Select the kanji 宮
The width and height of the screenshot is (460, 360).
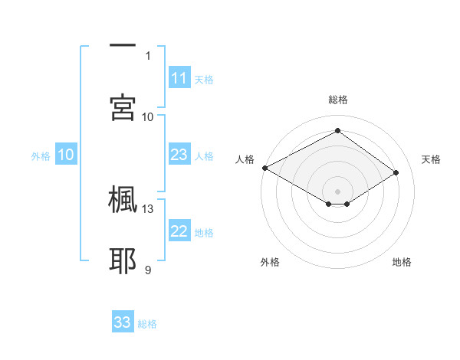[123, 106]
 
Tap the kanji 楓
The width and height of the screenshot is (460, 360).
[123, 200]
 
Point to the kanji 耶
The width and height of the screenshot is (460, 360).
[123, 260]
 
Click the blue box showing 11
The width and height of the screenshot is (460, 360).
[179, 78]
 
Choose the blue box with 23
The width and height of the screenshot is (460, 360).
[179, 155]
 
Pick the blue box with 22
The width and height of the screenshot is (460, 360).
[179, 231]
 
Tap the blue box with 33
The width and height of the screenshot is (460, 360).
[123, 322]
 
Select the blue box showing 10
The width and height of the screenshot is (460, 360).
[66, 155]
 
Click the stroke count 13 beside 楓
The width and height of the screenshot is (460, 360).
[148, 208]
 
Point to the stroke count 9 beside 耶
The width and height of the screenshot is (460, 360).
[148, 269]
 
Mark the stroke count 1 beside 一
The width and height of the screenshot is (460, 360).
[148, 55]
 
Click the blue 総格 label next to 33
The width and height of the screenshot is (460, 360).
[147, 324]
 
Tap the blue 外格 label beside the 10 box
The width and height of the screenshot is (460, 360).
[41, 156]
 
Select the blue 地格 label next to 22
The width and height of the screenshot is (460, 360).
[204, 233]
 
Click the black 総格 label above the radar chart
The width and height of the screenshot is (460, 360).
[337, 100]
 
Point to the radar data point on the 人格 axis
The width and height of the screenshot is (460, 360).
[264, 168]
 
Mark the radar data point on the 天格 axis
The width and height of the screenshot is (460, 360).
[396, 173]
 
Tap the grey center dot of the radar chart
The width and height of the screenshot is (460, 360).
[337, 191]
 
